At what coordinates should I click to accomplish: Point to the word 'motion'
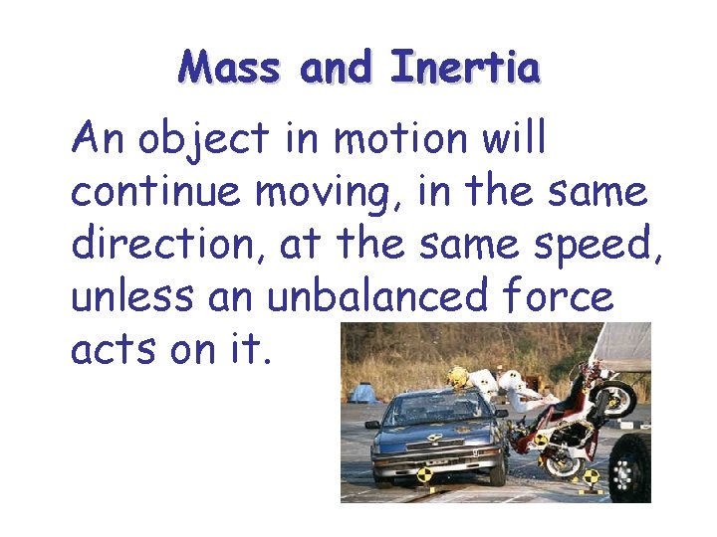click(399, 139)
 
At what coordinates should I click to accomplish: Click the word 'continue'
click(155, 191)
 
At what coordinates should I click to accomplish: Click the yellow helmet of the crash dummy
click(458, 377)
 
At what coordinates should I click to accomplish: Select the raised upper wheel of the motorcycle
click(617, 400)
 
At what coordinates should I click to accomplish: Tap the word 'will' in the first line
click(513, 139)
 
